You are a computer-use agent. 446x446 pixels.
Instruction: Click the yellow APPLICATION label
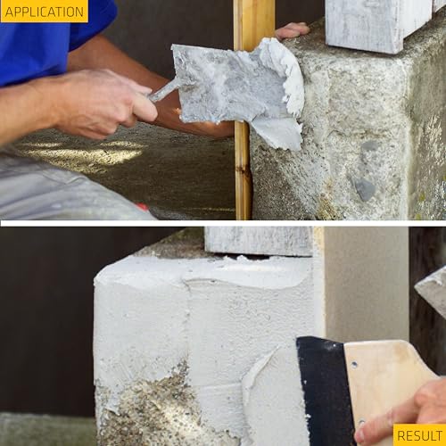(44, 11)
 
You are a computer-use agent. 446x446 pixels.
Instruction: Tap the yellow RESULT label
(419, 435)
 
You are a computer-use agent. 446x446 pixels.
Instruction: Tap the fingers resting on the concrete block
(292, 31)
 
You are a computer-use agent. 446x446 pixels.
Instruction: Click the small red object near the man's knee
(142, 207)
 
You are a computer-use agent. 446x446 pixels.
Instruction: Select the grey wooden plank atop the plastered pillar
(258, 241)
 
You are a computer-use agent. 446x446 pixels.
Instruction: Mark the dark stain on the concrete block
(363, 187)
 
